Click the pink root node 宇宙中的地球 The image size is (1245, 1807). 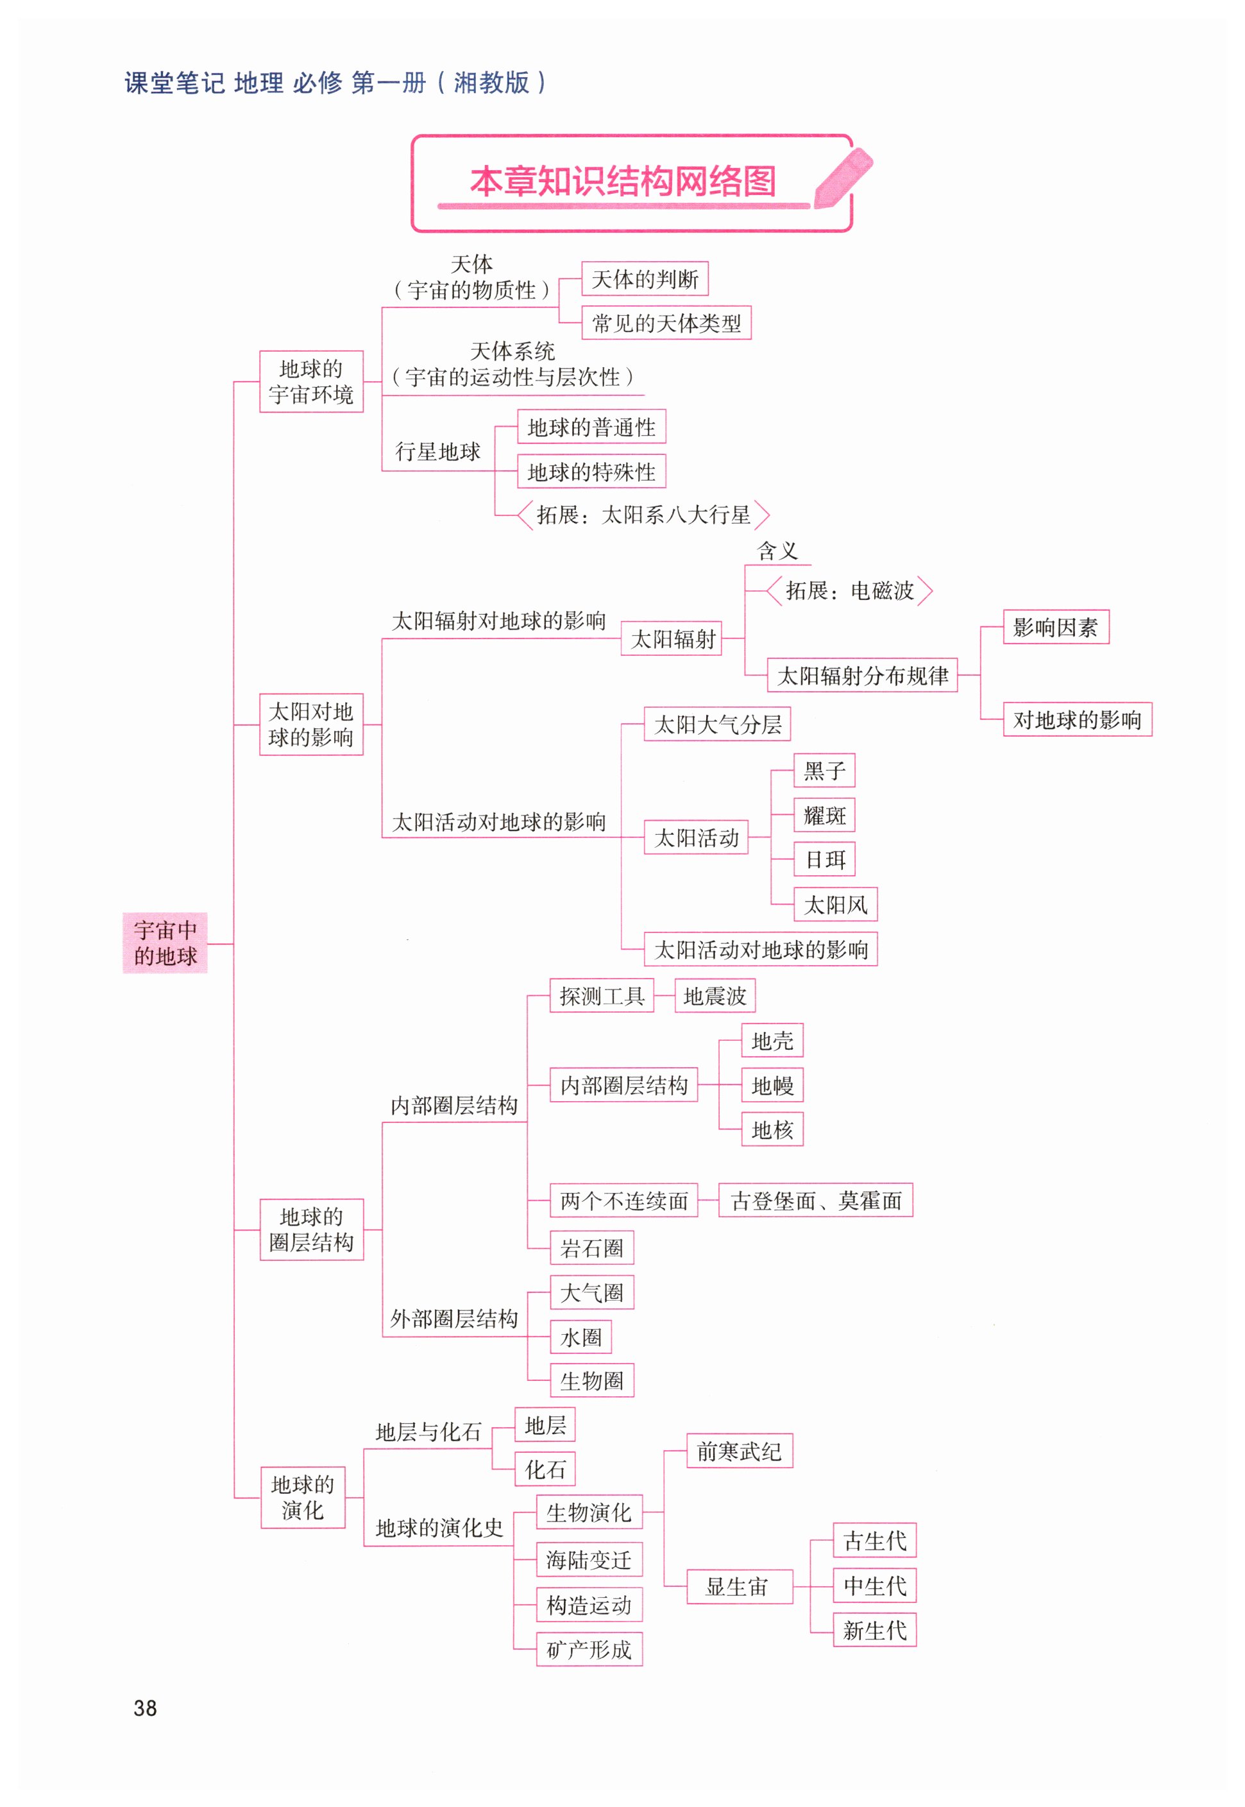click(165, 943)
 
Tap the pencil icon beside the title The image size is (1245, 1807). click(842, 178)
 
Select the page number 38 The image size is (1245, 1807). click(145, 1708)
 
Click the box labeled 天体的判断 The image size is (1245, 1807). click(645, 278)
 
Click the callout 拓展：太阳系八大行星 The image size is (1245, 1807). click(643, 515)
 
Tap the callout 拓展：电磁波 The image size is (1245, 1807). click(849, 590)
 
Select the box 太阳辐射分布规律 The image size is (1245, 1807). click(862, 675)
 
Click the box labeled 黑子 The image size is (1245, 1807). click(824, 771)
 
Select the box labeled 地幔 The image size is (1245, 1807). click(772, 1085)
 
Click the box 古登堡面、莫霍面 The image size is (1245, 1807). click(815, 1201)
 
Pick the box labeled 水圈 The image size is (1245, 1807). click(580, 1337)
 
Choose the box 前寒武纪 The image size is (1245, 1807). click(739, 1452)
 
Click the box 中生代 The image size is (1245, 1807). click(874, 1586)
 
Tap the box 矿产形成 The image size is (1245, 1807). click(589, 1649)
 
